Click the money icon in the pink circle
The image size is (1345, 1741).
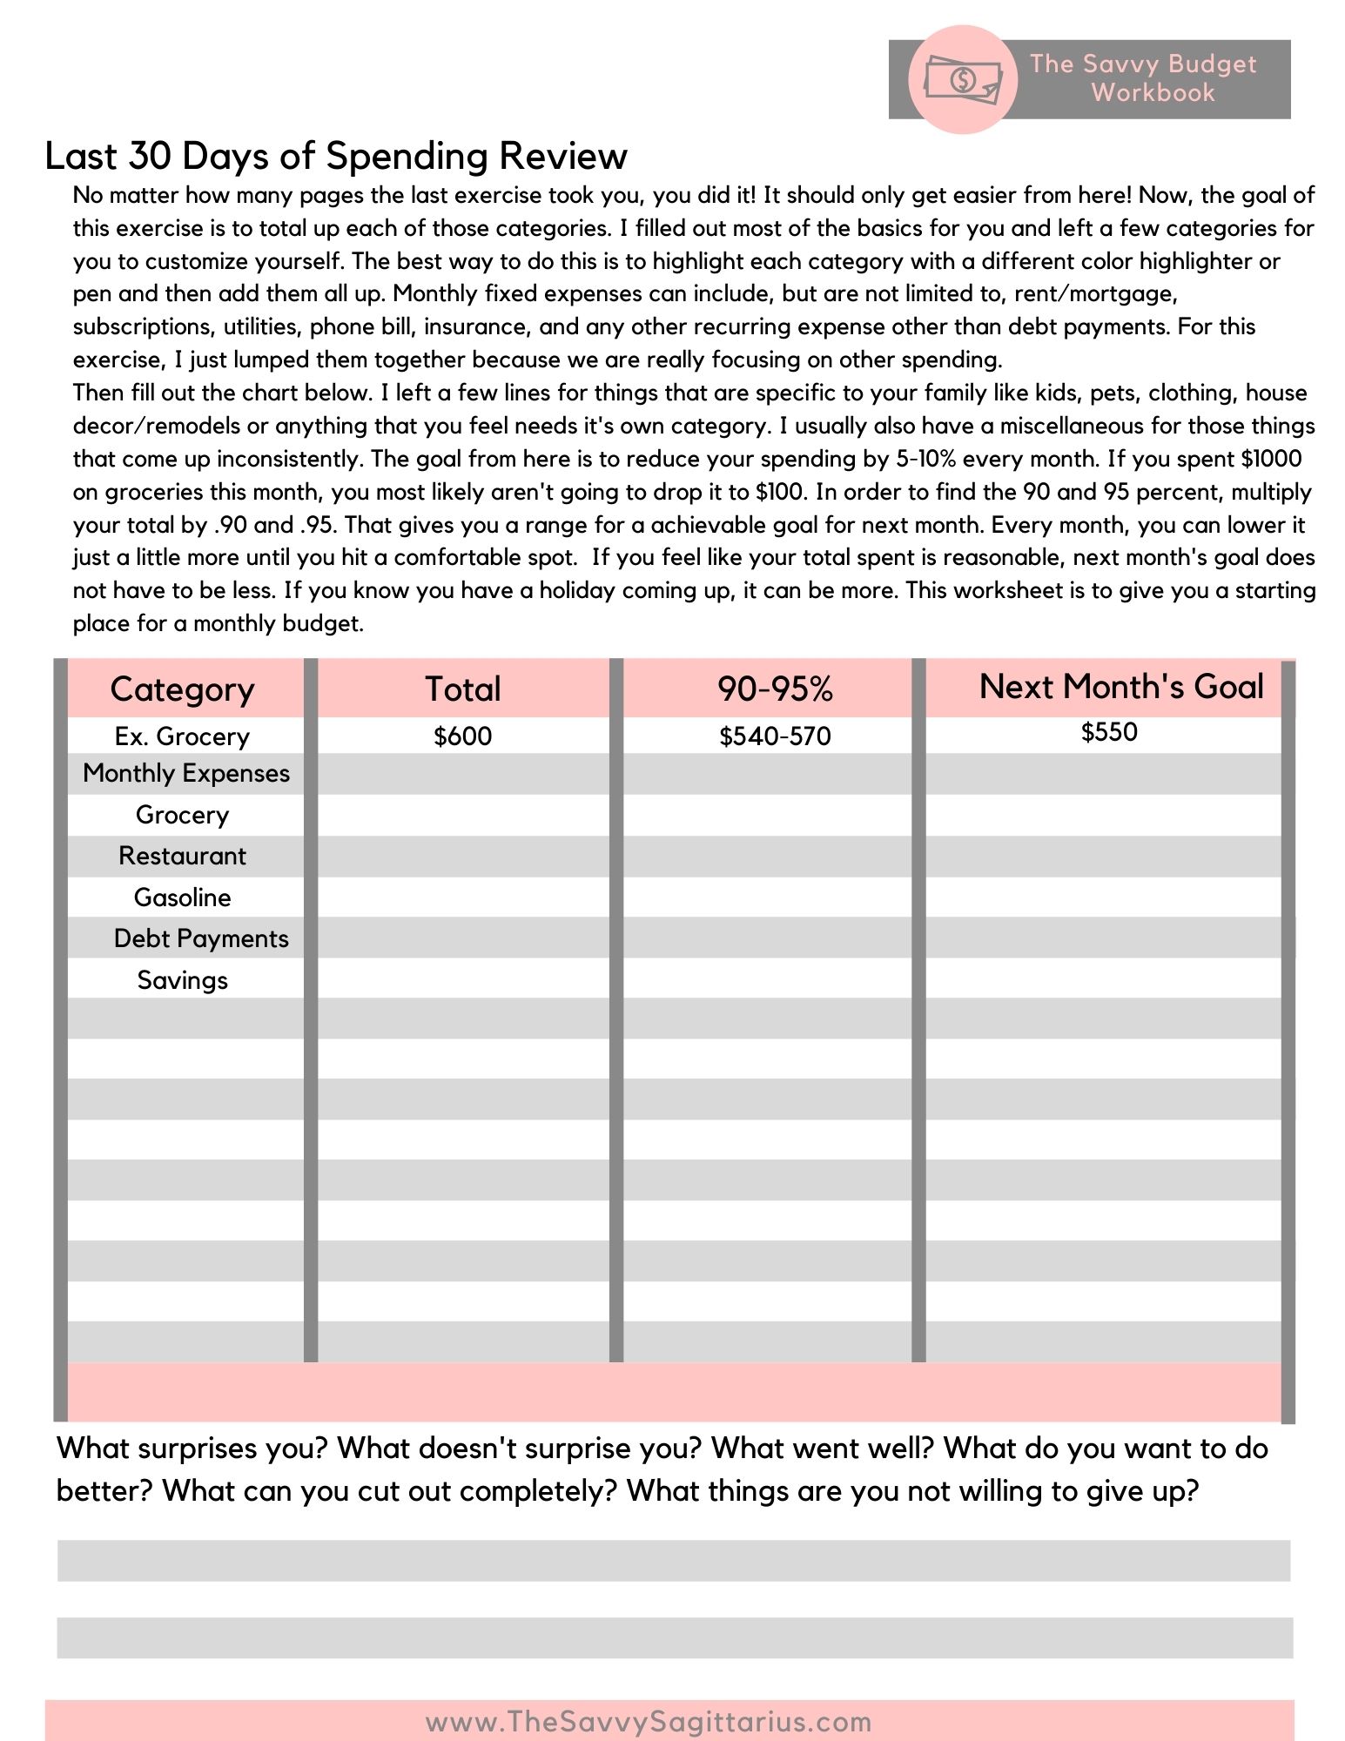pos(962,79)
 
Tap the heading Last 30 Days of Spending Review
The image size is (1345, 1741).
pos(336,156)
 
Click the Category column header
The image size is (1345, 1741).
pos(183,689)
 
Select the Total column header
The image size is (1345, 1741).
pos(463,689)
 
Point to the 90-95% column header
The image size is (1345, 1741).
pos(775,689)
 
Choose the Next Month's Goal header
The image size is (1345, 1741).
pos(1121,687)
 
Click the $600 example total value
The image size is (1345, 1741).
pos(463,736)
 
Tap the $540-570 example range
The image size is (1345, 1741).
pos(775,736)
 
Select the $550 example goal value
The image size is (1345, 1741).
pos(1109,732)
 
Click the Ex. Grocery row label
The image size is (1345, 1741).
pos(183,736)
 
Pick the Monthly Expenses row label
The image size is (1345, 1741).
pos(186,773)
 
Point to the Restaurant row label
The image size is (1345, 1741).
pos(183,856)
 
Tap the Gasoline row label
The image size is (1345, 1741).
pos(183,897)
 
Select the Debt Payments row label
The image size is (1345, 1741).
pos(201,938)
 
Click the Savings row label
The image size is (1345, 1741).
pos(183,980)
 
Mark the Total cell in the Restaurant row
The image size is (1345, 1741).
pos(463,856)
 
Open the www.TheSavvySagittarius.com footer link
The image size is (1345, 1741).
pos(649,1722)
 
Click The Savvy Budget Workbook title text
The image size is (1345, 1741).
pos(1144,78)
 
